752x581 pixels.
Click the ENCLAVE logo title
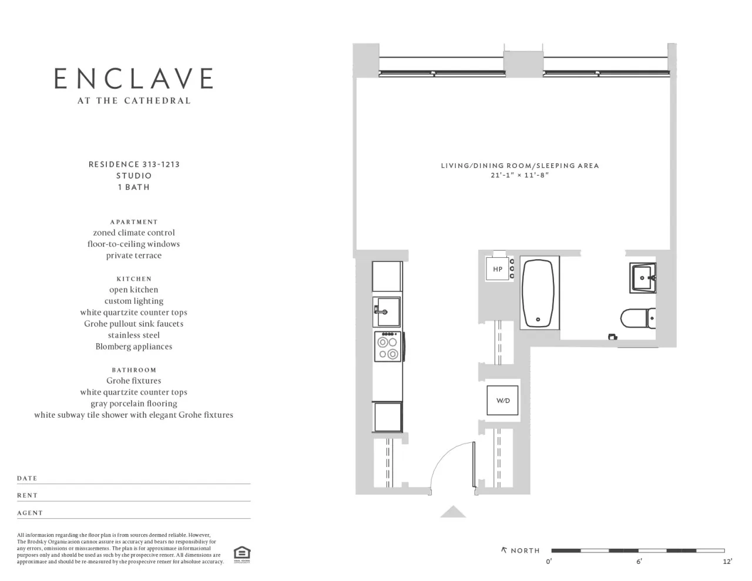point(133,79)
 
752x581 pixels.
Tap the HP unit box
point(498,269)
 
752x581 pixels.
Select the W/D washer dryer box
point(503,401)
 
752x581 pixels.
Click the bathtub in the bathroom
point(538,293)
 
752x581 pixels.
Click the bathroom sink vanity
point(642,277)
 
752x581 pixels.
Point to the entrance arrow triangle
point(453,512)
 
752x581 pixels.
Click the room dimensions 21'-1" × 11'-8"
point(520,175)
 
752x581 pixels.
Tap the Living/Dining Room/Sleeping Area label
point(520,166)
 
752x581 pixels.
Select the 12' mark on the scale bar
point(727,562)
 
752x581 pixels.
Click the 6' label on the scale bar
point(639,562)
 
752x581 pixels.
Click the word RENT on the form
point(27,495)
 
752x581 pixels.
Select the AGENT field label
point(29,513)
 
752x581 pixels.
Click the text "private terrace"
point(133,256)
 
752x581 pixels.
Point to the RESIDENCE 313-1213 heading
point(134,164)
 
